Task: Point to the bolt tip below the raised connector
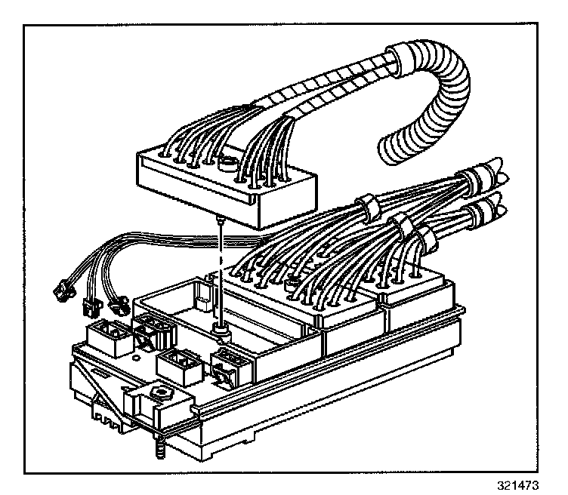tap(218, 219)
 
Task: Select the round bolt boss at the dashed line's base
tap(220, 327)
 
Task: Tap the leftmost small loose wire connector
tap(60, 287)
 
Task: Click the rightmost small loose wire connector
tap(117, 306)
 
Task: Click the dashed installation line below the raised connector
tap(219, 272)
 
